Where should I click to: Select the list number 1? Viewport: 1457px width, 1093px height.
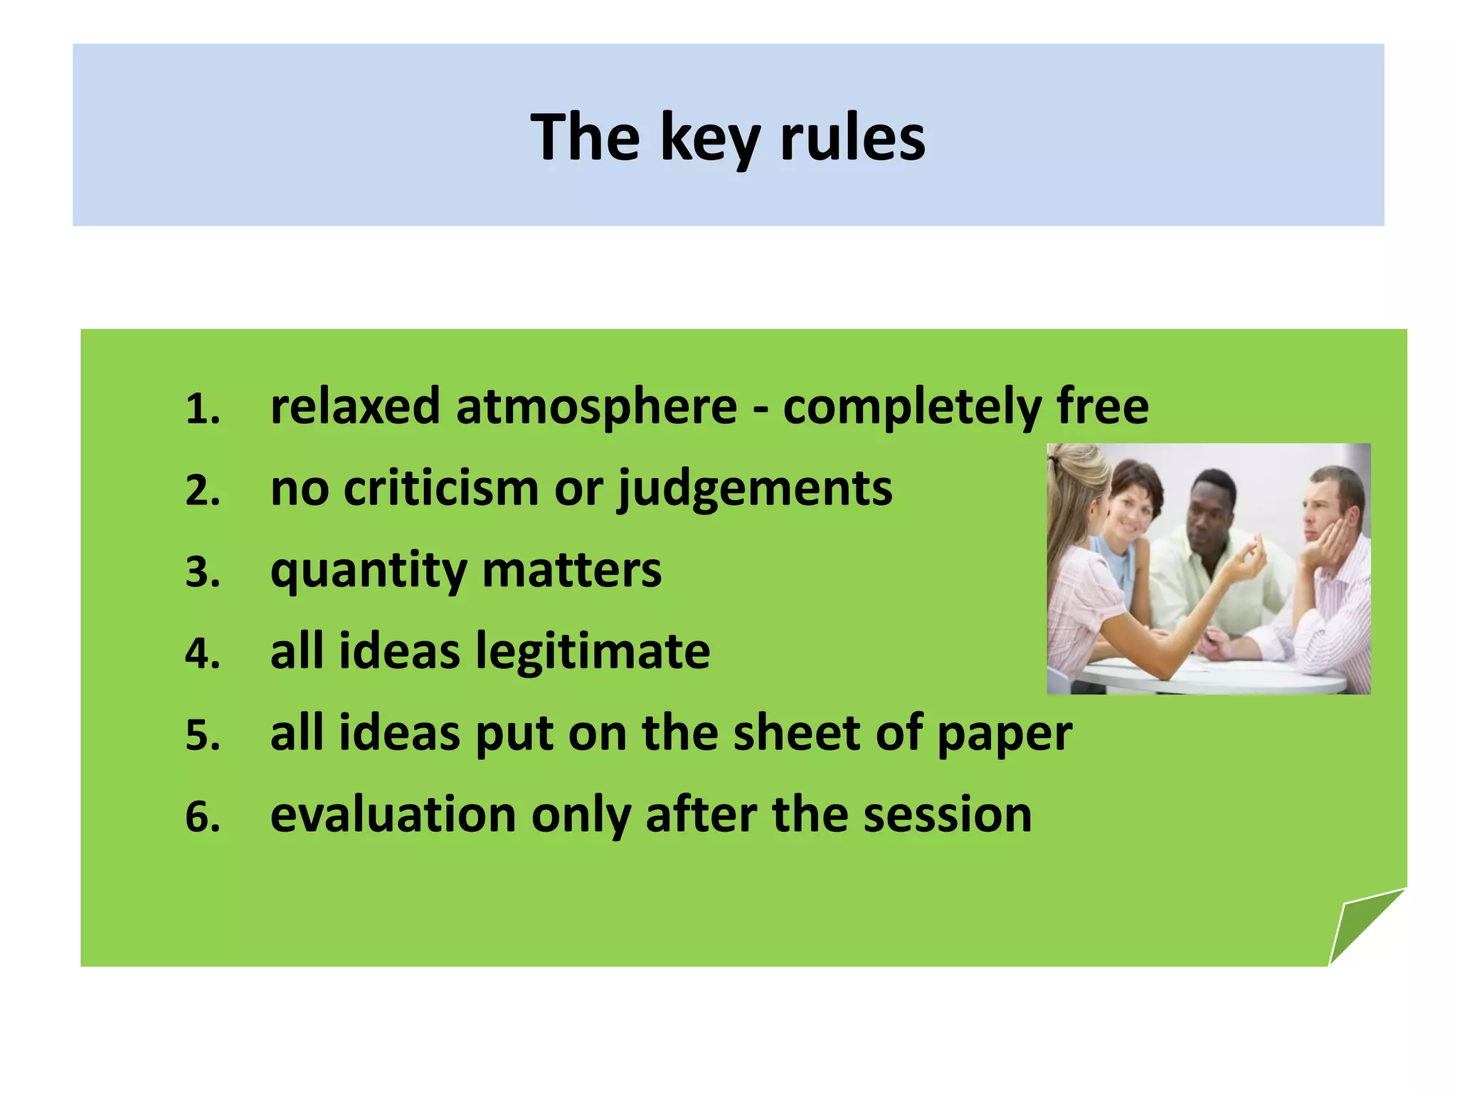[x=202, y=410]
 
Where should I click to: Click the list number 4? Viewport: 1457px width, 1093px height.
[x=202, y=654]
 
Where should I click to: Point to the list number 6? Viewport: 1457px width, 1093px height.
[x=202, y=817]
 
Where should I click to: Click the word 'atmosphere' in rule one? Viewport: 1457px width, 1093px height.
[x=596, y=407]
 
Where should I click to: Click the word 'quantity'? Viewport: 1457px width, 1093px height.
[x=369, y=571]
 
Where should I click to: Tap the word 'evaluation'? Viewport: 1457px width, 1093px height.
[x=393, y=815]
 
